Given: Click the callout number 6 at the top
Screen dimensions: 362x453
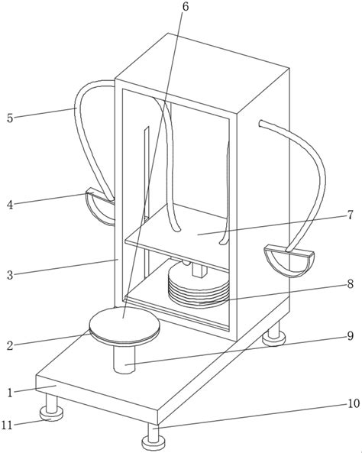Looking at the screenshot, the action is point(185,6).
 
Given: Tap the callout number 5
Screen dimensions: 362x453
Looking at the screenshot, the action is point(10,118).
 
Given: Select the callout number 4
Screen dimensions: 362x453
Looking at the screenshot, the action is point(10,205).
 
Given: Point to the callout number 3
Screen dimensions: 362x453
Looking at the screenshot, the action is point(10,275).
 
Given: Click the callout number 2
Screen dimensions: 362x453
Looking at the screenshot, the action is point(10,346).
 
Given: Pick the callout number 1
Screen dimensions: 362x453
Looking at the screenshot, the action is point(11,393).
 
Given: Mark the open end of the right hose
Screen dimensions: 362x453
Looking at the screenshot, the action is point(260,123).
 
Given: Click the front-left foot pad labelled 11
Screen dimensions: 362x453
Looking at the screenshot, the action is point(51,414).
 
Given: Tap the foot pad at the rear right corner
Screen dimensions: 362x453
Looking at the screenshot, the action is point(274,338).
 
